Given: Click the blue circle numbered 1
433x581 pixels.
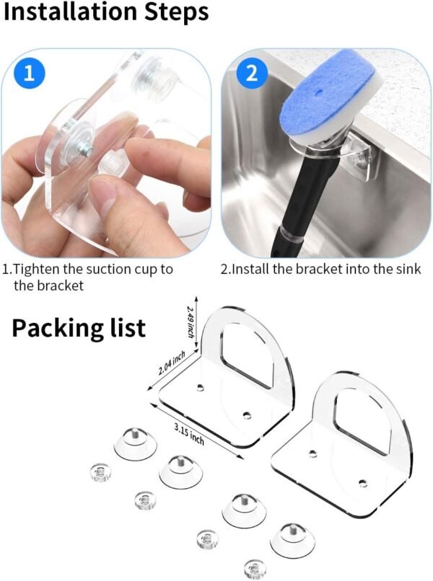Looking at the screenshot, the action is point(30,73).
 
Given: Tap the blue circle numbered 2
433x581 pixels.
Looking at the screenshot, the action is point(252,73).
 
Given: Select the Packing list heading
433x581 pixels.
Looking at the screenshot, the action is point(78,328).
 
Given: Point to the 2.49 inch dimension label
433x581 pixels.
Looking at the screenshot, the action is point(191,321).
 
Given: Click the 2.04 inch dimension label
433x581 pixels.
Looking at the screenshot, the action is point(172,363).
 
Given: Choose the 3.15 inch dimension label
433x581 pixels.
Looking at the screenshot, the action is point(189,434).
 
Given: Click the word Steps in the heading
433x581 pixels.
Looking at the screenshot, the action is point(176,13).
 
